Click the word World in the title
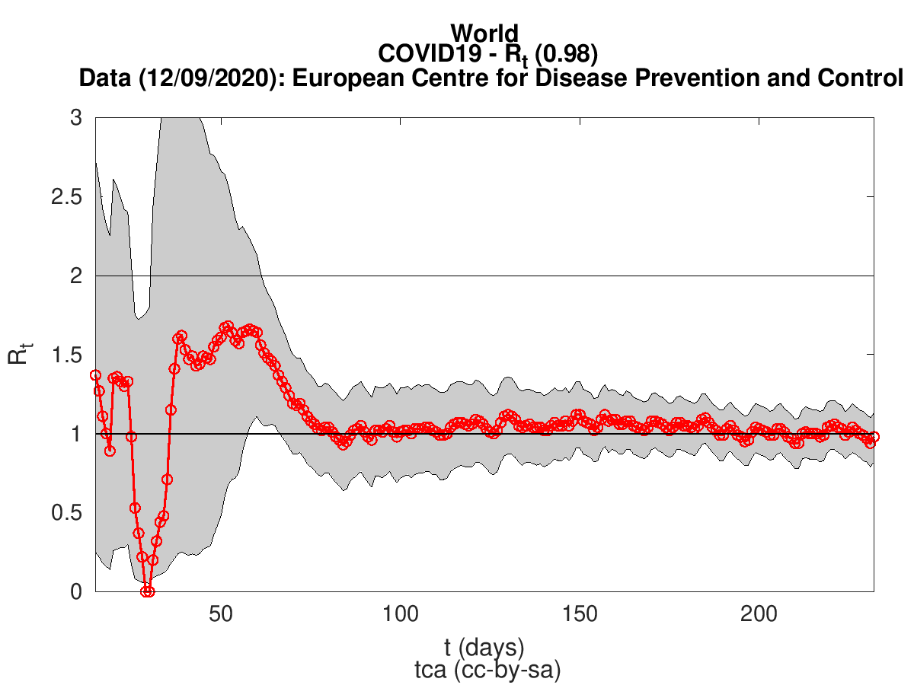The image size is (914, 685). coord(484,33)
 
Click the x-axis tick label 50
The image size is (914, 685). coord(221,613)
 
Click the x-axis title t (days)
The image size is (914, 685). coord(484,648)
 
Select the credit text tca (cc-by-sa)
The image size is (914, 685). coord(484,670)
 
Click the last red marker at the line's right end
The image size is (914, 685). coord(874,437)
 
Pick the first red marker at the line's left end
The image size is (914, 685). coord(95,375)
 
